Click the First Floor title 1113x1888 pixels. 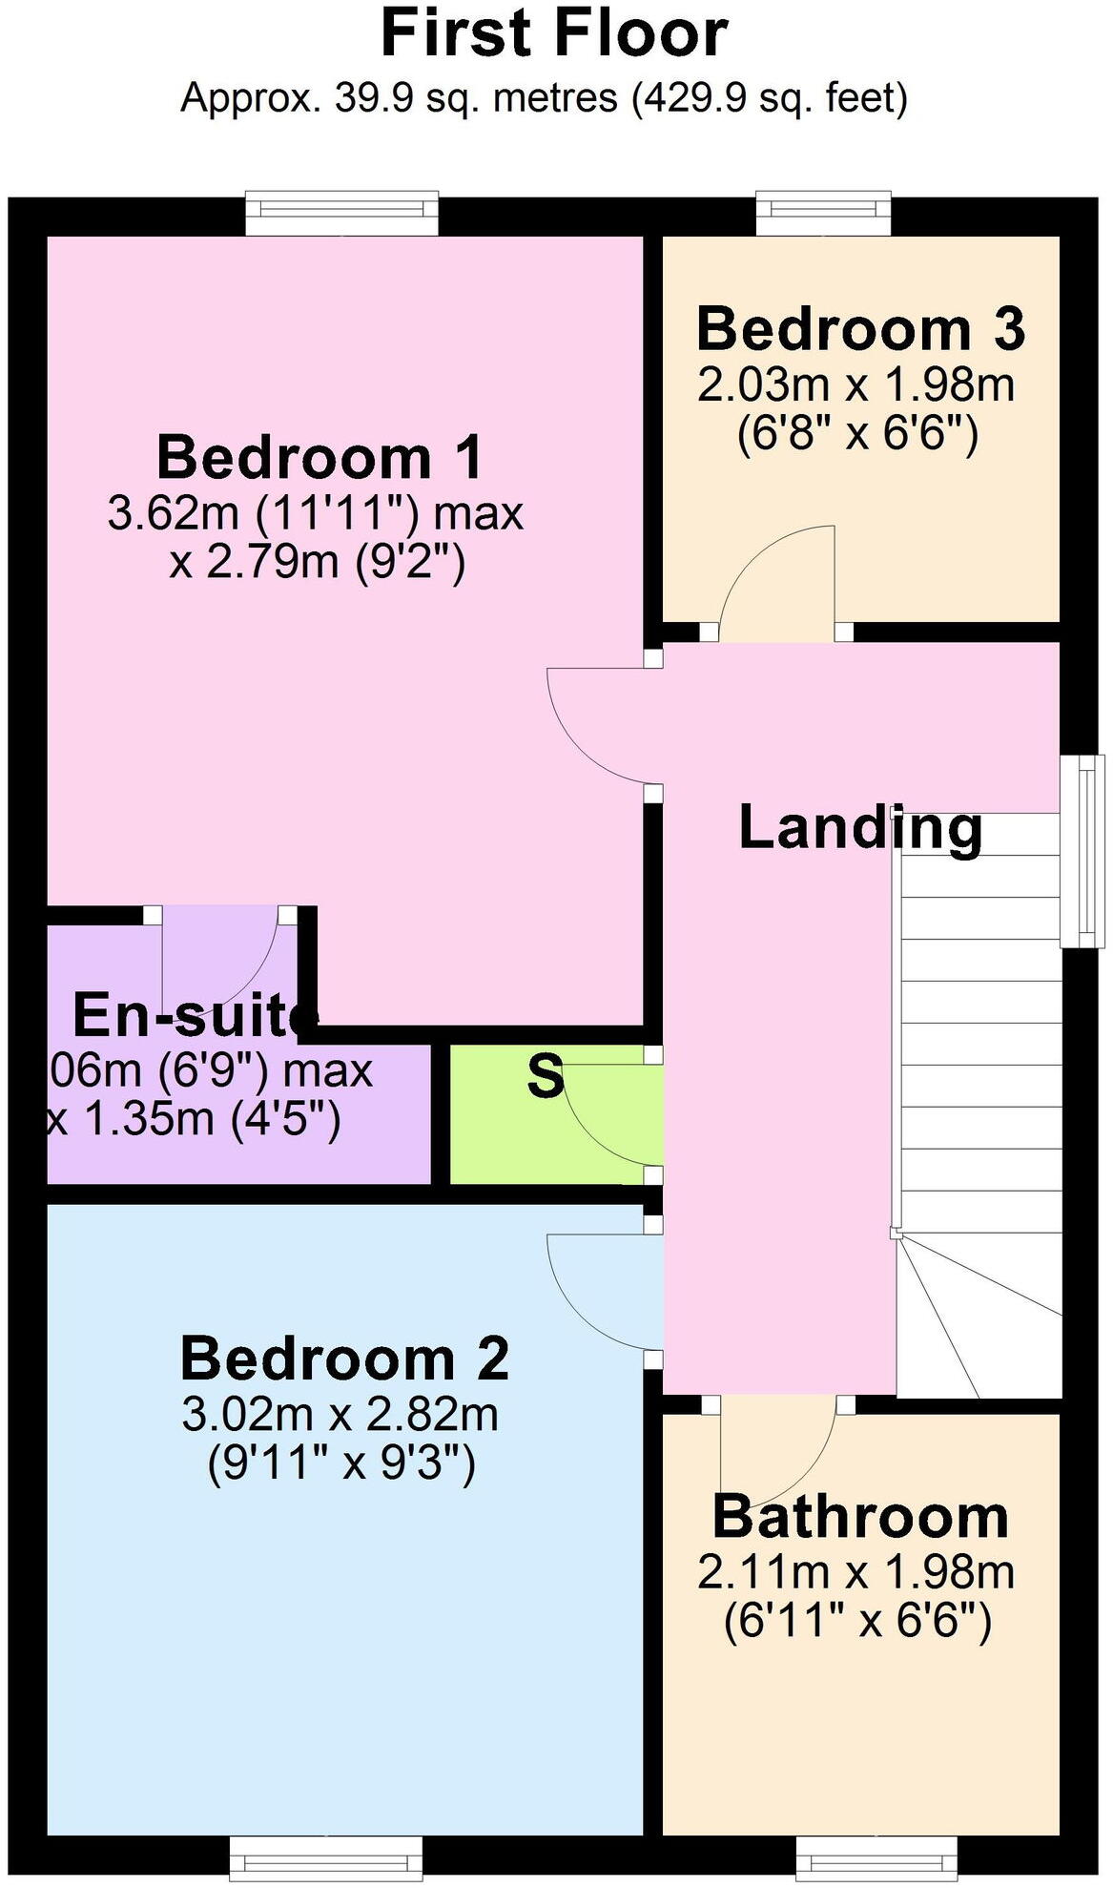pyautogui.click(x=554, y=35)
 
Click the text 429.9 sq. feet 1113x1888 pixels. pyautogui.click(x=769, y=98)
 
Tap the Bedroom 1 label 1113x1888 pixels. pyautogui.click(x=320, y=457)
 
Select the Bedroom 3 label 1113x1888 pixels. pyautogui.click(x=860, y=329)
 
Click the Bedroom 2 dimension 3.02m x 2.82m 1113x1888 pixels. pyautogui.click(x=340, y=1414)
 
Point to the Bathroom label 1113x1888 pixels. pyautogui.click(x=860, y=1516)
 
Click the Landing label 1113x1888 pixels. pyautogui.click(x=860, y=827)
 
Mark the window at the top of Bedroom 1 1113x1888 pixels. pyautogui.click(x=341, y=214)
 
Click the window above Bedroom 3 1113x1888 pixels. pyautogui.click(x=824, y=214)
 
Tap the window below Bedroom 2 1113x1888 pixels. pyautogui.click(x=326, y=1859)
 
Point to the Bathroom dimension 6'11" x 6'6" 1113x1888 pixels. pyautogui.click(x=857, y=1621)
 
